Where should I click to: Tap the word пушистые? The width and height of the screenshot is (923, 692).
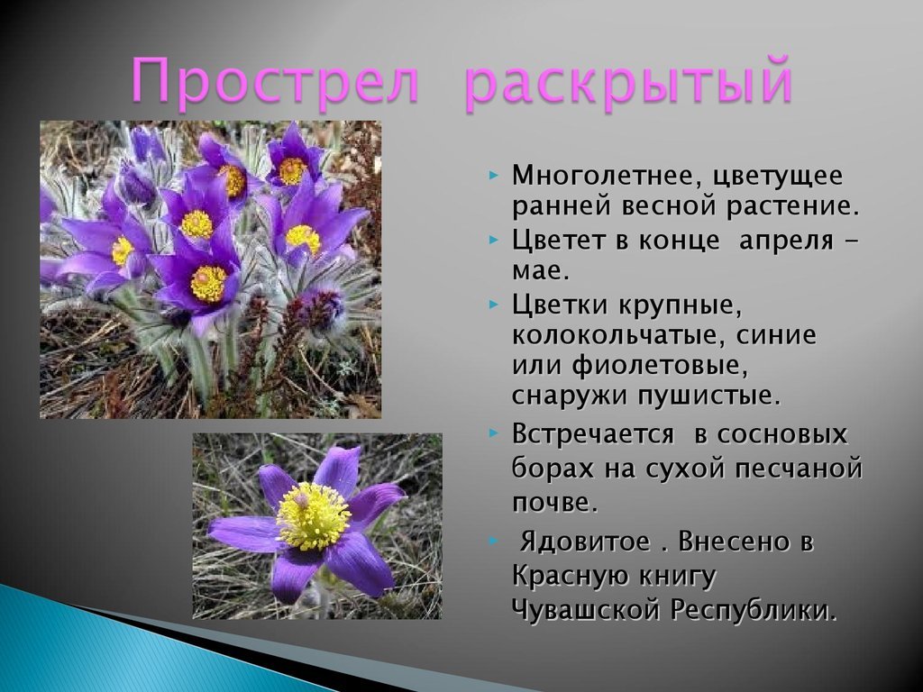[x=708, y=396]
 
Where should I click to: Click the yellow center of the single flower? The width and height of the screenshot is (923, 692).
[x=313, y=515]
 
